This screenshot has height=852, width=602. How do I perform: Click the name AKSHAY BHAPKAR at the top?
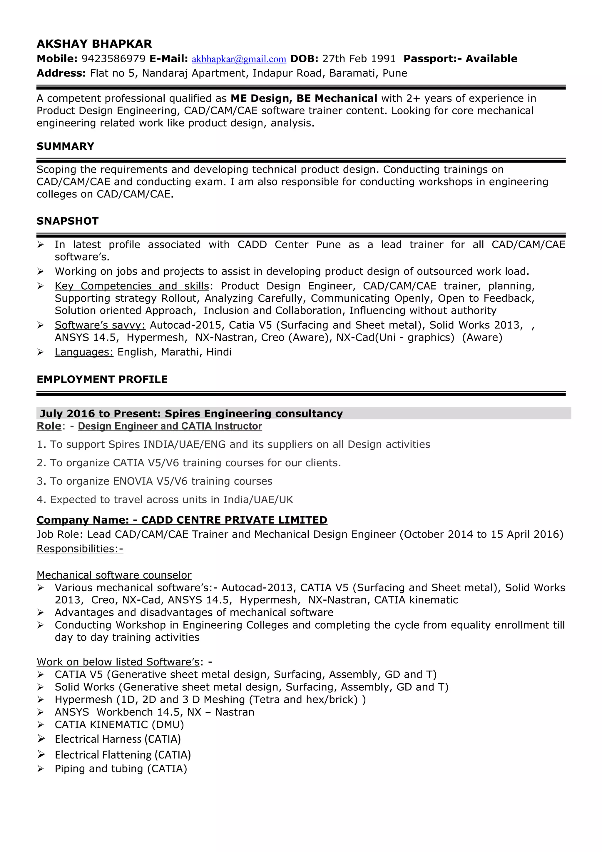(94, 44)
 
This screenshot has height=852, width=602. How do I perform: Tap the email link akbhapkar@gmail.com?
(239, 59)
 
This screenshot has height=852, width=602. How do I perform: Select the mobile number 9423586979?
(113, 59)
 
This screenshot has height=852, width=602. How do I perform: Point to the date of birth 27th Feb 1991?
(359, 59)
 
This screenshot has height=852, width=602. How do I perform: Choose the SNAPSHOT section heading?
(68, 221)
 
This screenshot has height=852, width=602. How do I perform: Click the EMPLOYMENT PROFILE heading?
(102, 379)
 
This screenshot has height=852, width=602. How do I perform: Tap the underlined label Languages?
(84, 352)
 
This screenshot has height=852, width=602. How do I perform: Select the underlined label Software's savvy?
(100, 325)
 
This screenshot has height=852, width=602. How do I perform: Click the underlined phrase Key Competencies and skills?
(132, 286)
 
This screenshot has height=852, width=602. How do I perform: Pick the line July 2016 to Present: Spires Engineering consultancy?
(191, 413)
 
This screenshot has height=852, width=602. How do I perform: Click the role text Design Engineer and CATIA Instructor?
(170, 426)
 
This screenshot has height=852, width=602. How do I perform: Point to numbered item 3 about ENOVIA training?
(154, 481)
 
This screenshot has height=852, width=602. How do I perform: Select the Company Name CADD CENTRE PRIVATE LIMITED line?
(182, 520)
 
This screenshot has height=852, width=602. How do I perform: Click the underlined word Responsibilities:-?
(80, 549)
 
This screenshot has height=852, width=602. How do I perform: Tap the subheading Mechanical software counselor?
(114, 575)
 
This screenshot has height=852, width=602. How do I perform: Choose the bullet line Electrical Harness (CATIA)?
(118, 739)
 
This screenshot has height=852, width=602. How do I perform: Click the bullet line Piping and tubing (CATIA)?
(121, 769)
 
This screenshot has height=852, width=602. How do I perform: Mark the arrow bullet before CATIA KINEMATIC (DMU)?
(41, 724)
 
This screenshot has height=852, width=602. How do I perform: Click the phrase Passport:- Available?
(460, 59)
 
